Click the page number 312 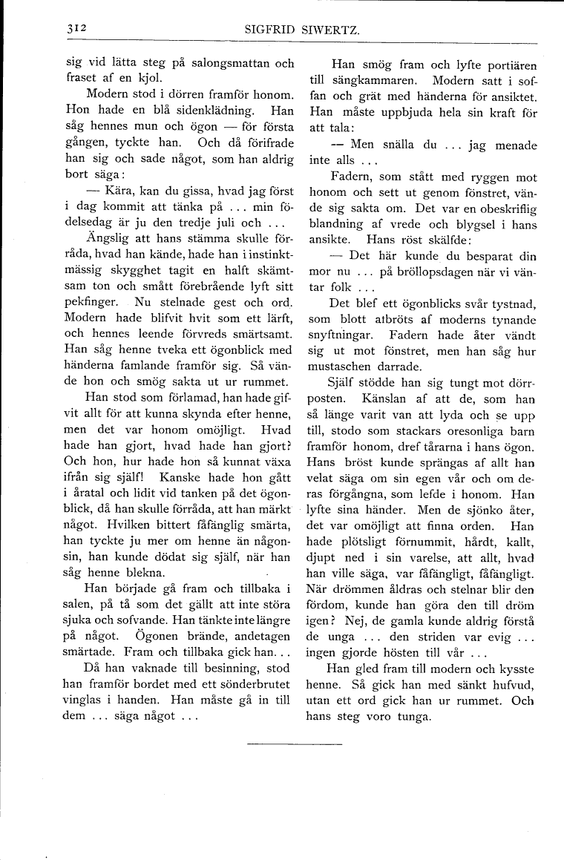[76, 28]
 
